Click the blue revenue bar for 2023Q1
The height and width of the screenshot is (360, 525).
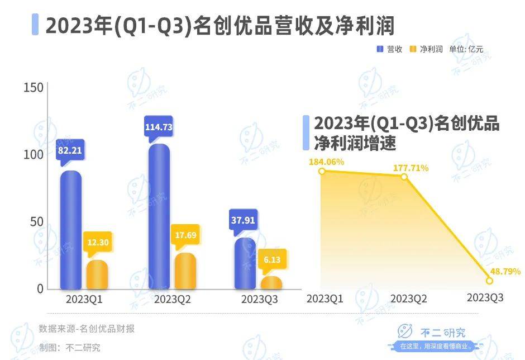(71, 229)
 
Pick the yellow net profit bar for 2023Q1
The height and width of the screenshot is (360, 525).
(97, 274)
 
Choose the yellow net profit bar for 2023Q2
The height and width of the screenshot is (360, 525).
(185, 271)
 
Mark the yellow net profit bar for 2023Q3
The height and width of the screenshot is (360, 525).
(271, 283)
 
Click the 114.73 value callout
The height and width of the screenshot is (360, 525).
(159, 127)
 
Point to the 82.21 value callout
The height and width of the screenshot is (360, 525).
(70, 150)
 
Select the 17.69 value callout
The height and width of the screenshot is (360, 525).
(185, 235)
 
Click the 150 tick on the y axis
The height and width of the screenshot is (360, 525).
(33, 88)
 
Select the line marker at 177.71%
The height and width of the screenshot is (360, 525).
(404, 177)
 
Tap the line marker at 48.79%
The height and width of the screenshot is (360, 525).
(489, 281)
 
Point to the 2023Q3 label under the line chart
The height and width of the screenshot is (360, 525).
(485, 298)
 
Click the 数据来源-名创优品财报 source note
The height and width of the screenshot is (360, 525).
(87, 329)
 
